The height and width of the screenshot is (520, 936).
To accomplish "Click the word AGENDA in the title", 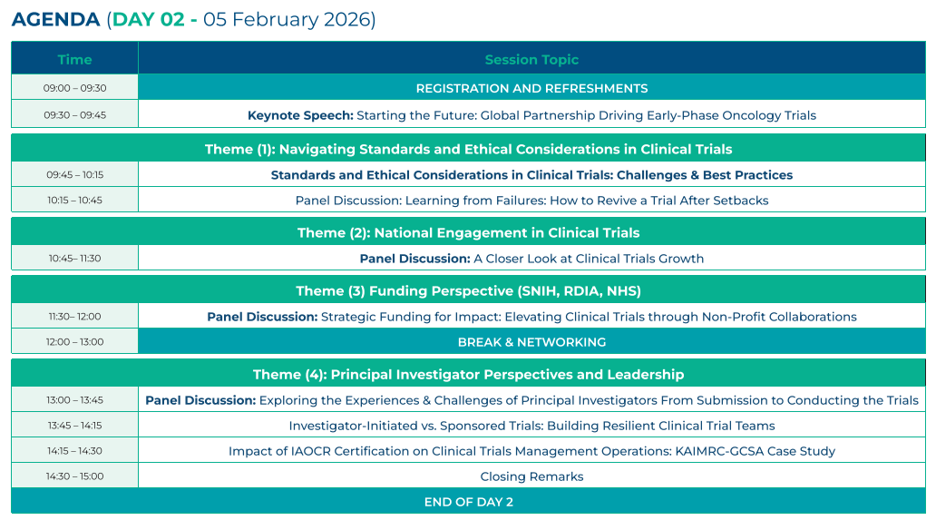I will [55, 19].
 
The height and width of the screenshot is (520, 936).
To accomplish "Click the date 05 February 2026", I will [289, 19].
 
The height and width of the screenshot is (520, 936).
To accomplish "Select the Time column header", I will [74, 60].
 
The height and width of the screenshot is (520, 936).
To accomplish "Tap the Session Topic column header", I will [531, 60].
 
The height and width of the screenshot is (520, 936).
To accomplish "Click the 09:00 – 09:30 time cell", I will [74, 88].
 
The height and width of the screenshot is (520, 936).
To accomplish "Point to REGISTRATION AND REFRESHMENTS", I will [531, 88].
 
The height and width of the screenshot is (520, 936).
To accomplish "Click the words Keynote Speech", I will [300, 115].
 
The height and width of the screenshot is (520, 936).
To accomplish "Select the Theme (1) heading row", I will [468, 149].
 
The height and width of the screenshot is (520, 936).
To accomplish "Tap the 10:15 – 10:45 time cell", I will [74, 201].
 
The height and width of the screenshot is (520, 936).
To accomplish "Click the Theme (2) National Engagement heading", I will [468, 232].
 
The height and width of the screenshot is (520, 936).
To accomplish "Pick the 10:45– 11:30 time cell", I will [74, 259].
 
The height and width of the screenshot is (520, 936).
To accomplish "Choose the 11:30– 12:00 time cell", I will [74, 317].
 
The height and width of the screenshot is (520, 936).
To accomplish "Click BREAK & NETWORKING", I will [531, 342].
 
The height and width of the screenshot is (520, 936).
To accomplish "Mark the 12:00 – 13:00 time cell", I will [74, 342].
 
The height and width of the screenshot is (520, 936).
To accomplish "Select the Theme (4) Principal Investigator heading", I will [468, 374].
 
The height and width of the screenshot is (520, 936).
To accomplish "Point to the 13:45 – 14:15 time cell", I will [74, 426].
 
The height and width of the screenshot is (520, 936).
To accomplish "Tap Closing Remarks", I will [531, 476].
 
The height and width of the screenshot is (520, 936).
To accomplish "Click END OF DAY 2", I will [468, 502].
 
